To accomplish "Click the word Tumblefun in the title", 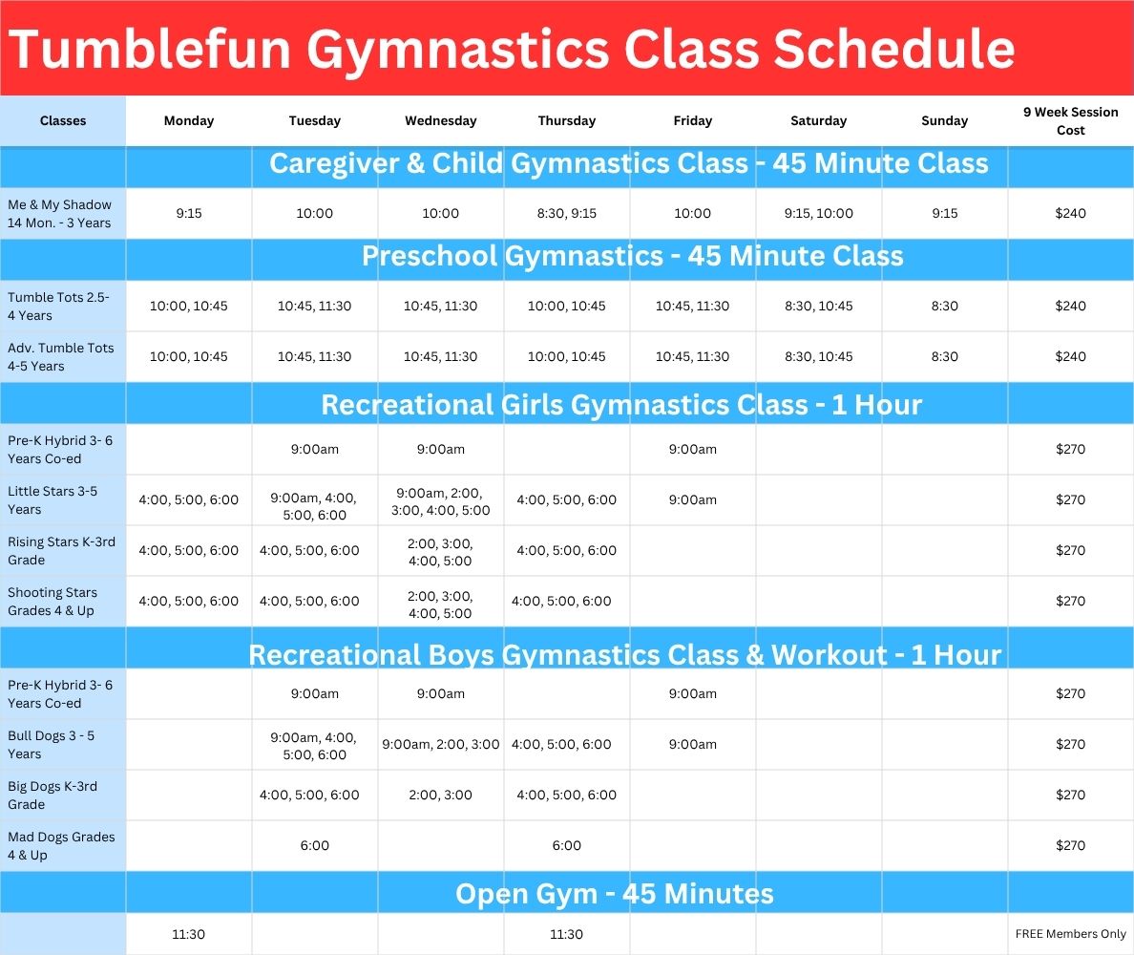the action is point(150,50).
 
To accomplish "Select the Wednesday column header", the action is point(440,121).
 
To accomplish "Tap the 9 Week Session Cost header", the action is point(1070,121).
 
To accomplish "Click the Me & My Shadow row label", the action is point(59,213).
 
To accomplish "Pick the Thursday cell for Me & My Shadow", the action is point(566,213).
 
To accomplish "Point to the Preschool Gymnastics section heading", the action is point(632,256).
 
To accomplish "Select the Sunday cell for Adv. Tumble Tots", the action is point(944,356).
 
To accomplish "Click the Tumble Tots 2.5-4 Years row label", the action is point(58,306).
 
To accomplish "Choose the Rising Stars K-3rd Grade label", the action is point(61,551).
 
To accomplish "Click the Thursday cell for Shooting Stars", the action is point(561,602).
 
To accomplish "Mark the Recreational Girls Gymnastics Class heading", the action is point(621,405).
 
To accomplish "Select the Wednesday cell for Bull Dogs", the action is point(440,745).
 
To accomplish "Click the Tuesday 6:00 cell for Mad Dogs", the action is point(315,846).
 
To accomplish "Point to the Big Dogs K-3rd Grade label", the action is point(52,796).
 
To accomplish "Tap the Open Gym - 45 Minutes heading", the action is point(614,894).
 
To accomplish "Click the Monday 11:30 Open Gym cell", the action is point(189,934).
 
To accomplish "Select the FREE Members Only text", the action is point(1070,934).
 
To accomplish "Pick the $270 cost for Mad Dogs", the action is point(1070,846).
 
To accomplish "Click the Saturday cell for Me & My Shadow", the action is point(819,213).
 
